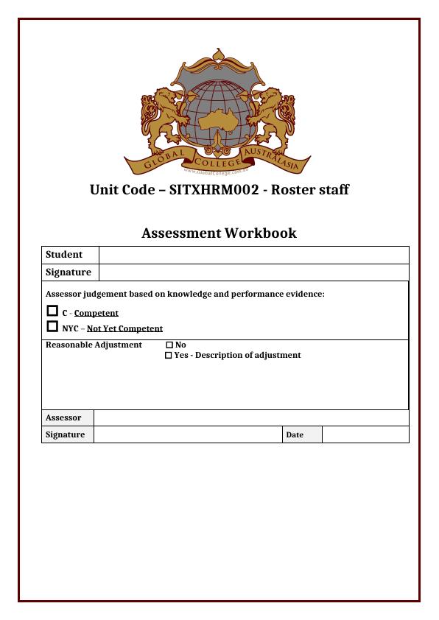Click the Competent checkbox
[52, 311]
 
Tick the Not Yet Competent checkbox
[52, 327]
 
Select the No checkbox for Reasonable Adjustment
[169, 345]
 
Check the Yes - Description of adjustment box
[169, 355]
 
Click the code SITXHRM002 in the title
[214, 190]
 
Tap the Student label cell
[70, 255]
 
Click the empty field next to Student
[253, 255]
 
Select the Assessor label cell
[68, 418]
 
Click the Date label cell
[302, 434]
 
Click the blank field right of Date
[365, 434]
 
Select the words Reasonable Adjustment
[94, 345]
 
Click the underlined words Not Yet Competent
[124, 328]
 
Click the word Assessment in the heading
[181, 233]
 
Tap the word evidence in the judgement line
[303, 294]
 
